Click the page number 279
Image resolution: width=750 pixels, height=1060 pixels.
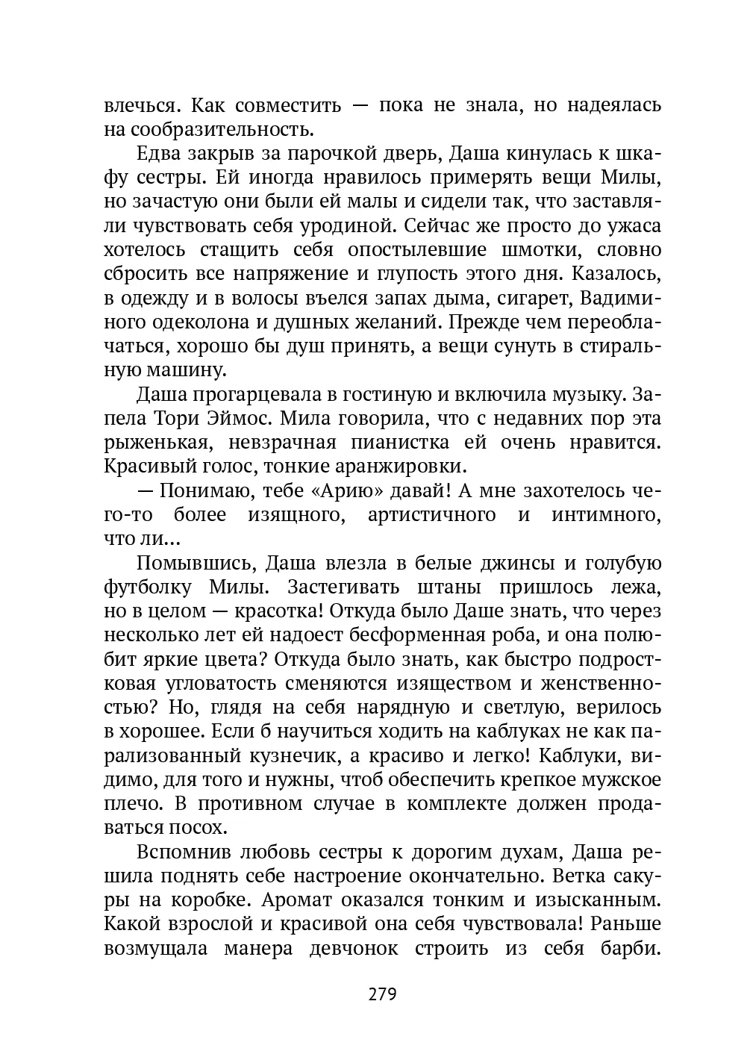(381, 994)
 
